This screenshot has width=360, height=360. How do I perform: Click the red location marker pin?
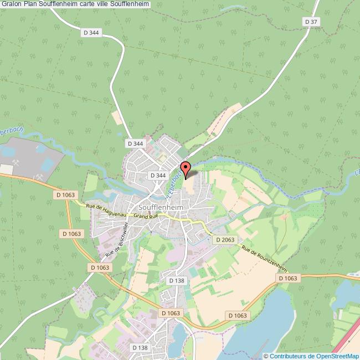point(186,168)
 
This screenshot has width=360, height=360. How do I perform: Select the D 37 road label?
point(312,22)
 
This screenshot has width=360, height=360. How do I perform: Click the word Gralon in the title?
point(11,4)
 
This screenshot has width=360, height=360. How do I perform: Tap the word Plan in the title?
point(30,4)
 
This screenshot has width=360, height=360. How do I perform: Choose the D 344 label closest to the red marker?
point(158,175)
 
